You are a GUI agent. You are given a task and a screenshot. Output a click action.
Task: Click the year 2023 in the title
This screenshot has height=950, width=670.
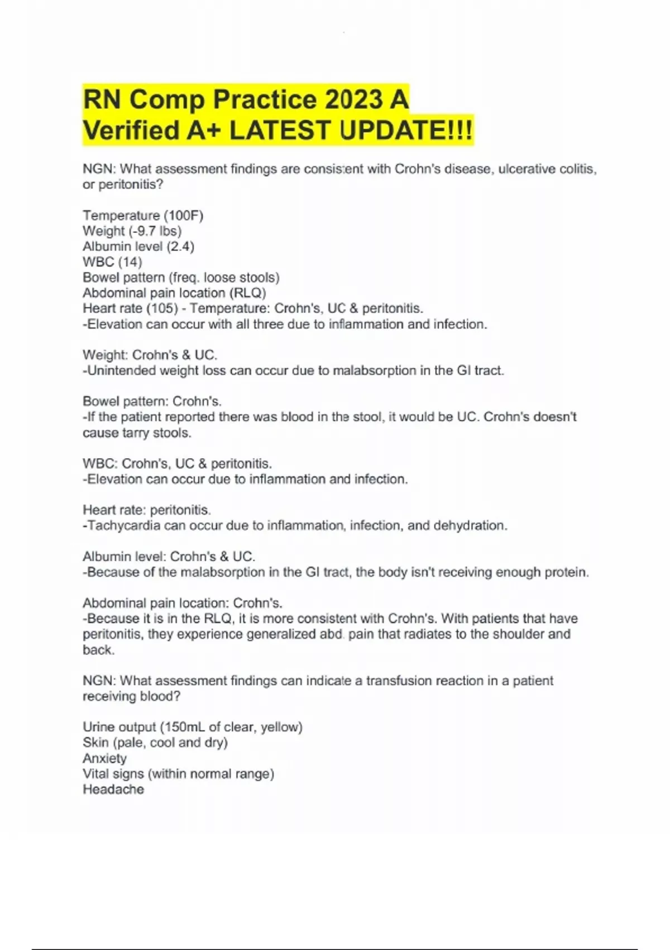click(x=354, y=101)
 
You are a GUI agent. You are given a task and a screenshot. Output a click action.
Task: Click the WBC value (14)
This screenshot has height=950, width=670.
click(x=130, y=262)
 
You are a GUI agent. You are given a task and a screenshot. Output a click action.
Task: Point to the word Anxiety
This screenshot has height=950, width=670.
click(x=104, y=758)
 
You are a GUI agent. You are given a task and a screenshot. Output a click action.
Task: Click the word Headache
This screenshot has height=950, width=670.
click(x=113, y=790)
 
